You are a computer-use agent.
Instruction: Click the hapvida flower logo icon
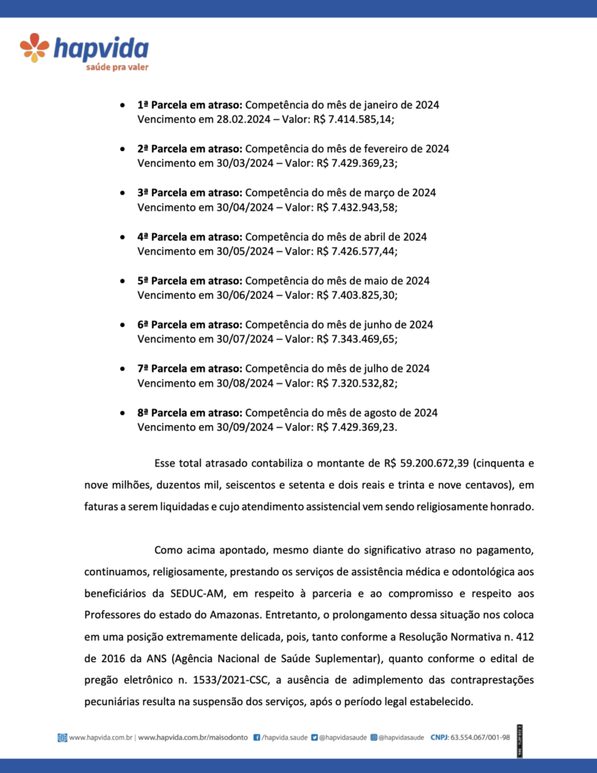tap(35, 48)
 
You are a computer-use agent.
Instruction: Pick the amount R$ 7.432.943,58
tap(357, 208)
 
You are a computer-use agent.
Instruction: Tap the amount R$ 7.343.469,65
tap(357, 339)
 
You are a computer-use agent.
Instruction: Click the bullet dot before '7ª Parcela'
tap(122, 368)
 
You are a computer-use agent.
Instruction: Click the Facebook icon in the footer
tap(257, 737)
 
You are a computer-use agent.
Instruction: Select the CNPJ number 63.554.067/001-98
tap(481, 737)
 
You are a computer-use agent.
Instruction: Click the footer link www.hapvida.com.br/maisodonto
tap(193, 737)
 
